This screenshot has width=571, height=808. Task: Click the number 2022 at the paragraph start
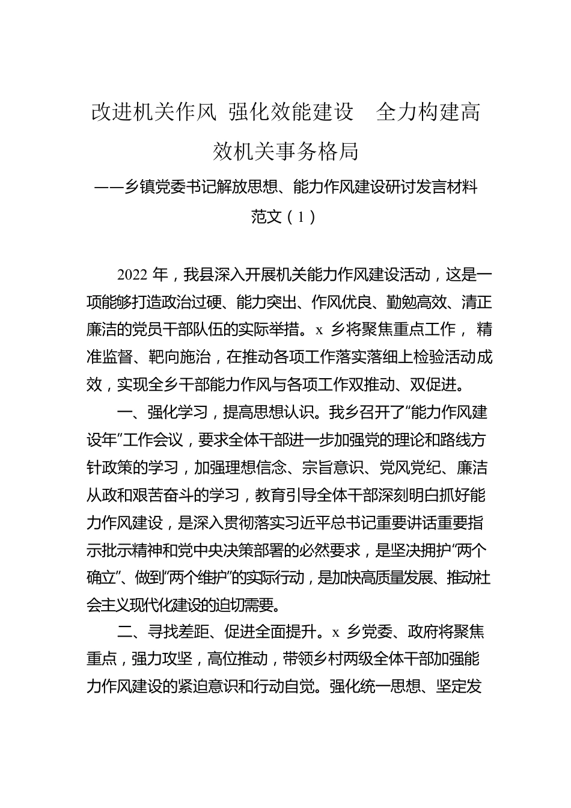coord(133,275)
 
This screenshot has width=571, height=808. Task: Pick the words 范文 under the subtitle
coord(266,216)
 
